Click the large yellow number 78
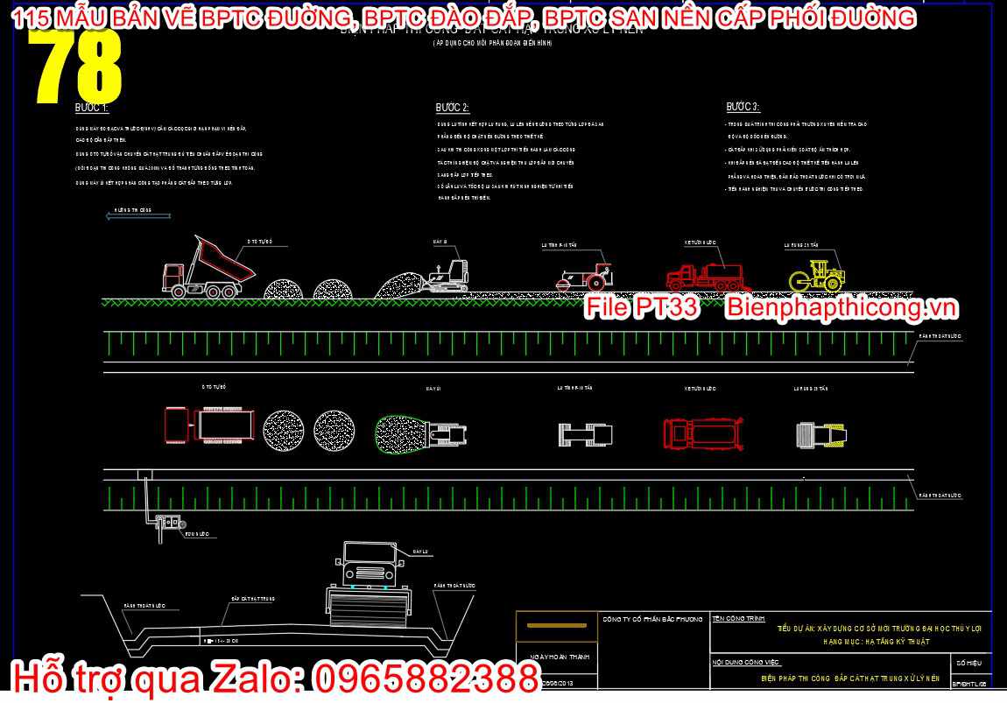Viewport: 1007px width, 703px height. pos(77,66)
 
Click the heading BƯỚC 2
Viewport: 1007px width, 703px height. pos(453,108)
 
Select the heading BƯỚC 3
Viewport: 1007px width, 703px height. pos(743,107)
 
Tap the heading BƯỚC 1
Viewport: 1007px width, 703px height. pos(91,108)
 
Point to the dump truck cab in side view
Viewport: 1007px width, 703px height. pos(173,279)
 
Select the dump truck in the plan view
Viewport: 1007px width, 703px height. pos(209,425)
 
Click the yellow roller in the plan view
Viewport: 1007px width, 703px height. pos(817,433)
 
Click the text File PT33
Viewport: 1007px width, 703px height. pos(641,307)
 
